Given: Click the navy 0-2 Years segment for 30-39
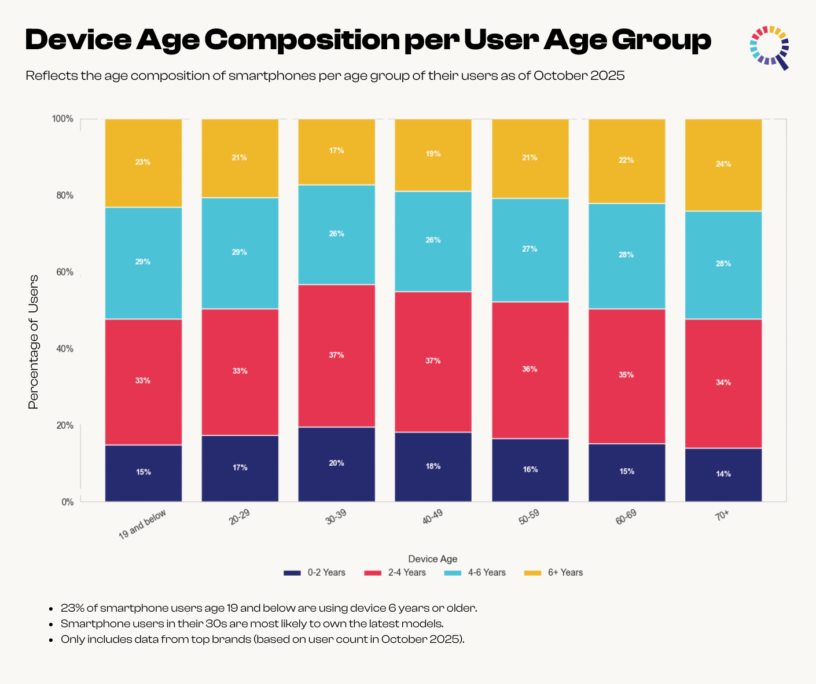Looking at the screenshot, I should click(336, 464).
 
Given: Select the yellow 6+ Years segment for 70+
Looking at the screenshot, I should click(723, 165).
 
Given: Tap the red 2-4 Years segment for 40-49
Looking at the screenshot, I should click(433, 362).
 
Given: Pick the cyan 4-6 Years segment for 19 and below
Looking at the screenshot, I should click(143, 263).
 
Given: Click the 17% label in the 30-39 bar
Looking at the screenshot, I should click(336, 150).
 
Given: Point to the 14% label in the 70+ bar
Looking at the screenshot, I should click(723, 474).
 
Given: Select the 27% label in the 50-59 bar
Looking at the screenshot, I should click(530, 249).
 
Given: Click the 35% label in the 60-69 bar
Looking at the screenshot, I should click(626, 375).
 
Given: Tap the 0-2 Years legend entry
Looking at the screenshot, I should click(314, 572).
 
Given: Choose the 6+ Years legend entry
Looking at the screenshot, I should click(553, 572).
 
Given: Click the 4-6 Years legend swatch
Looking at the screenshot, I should click(453, 573).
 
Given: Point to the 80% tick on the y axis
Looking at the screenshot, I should click(65, 196).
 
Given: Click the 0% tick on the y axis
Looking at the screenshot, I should click(68, 502).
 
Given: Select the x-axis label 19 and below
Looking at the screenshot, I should click(142, 524).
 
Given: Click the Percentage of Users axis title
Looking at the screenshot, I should click(34, 341).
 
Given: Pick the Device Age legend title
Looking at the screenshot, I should click(432, 558).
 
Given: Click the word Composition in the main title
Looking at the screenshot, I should click(301, 39).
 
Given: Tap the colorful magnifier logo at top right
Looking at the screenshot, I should click(770, 46).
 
